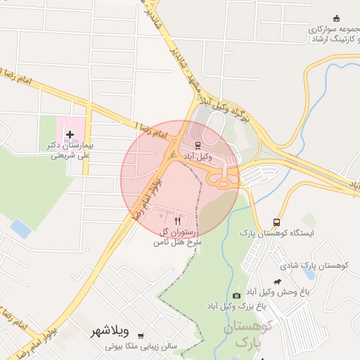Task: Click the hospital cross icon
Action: click(70, 133)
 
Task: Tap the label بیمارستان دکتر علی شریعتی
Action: click(70, 150)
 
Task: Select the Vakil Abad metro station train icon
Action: click(198, 146)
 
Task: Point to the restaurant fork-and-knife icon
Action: click(178, 220)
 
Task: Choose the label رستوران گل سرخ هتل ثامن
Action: click(178, 236)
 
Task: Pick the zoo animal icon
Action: click(278, 280)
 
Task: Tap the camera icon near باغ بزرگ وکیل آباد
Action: click(236, 295)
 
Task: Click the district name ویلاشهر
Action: click(108, 330)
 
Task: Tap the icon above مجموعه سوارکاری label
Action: click(336, 18)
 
